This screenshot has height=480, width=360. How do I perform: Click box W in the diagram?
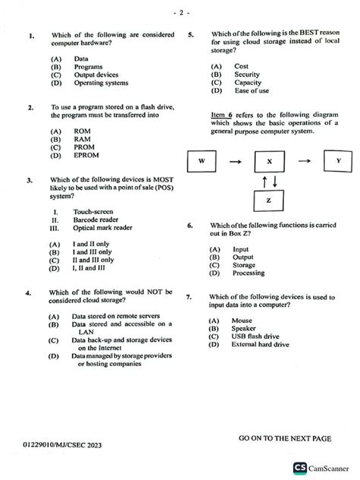(202, 162)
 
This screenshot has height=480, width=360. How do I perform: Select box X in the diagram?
(269, 163)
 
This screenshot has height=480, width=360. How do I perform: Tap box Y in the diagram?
(338, 162)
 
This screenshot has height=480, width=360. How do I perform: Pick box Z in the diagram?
(269, 200)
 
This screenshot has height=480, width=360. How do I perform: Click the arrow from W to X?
(235, 162)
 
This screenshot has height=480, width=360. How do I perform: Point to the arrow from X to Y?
(304, 162)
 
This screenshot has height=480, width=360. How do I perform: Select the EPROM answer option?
(87, 156)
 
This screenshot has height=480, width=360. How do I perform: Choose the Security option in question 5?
(247, 75)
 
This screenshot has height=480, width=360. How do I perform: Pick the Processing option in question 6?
(249, 273)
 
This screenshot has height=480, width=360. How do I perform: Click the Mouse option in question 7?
(242, 320)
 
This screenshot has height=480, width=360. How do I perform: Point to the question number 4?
(28, 292)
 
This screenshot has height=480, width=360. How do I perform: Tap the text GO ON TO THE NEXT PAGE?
(285, 439)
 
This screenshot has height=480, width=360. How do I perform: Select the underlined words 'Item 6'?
(224, 114)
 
